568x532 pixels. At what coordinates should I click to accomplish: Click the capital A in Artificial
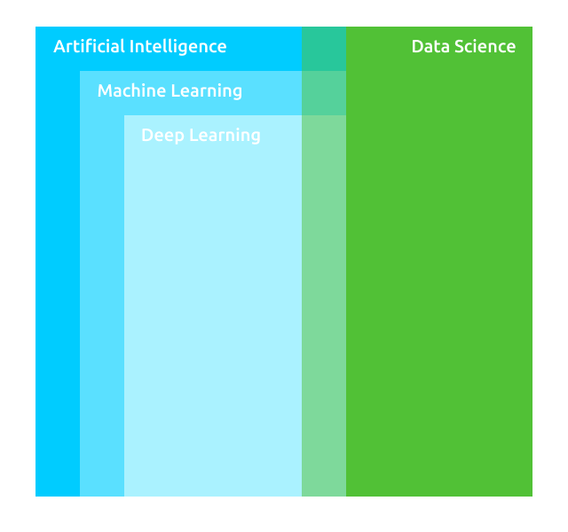point(59,46)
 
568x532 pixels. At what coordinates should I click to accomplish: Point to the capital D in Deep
point(147,135)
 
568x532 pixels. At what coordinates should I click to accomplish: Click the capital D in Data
point(417,46)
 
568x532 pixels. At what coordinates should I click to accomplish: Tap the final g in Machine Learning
point(237,93)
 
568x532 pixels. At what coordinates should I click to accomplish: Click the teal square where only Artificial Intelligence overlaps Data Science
point(324,49)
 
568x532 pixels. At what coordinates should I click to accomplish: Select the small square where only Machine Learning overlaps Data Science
point(324,93)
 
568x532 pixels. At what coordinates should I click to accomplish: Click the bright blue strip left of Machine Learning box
point(58,284)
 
